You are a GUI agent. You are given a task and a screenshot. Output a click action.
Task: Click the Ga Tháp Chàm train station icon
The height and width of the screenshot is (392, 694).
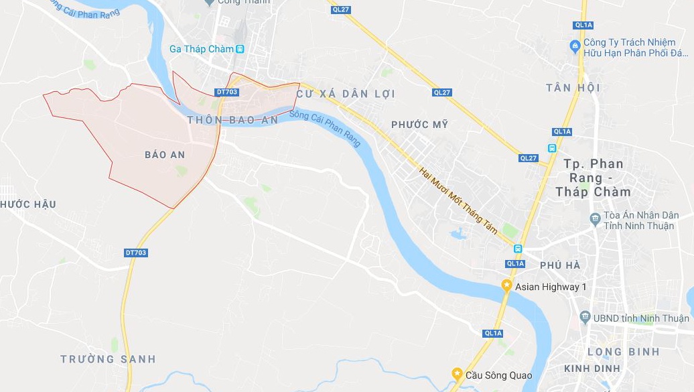[x=240, y=49]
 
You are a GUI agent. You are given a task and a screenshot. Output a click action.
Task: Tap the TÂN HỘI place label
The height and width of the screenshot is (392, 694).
[x=573, y=88]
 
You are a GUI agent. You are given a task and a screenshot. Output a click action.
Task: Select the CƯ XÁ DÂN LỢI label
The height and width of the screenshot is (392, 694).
[x=346, y=94]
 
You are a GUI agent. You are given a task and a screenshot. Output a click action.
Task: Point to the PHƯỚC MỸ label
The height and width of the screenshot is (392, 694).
[x=419, y=125]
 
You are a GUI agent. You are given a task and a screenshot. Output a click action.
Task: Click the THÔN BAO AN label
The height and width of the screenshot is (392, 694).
[x=232, y=120]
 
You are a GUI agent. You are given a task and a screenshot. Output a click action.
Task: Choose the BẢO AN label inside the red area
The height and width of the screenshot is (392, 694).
[x=165, y=155]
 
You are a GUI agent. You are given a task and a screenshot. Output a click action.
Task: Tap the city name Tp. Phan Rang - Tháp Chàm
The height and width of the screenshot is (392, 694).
[x=593, y=178]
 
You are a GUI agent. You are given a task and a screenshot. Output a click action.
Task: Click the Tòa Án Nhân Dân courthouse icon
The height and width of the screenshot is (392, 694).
[x=594, y=219]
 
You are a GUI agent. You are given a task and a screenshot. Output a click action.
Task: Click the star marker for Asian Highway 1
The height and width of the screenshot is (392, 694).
[x=506, y=286]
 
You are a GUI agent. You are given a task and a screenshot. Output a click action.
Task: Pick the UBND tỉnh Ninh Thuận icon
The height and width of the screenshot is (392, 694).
[x=586, y=318]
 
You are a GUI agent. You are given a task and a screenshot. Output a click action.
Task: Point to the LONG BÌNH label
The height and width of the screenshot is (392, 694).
[x=623, y=352]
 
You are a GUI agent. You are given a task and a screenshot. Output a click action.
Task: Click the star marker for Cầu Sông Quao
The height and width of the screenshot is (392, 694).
[x=458, y=374]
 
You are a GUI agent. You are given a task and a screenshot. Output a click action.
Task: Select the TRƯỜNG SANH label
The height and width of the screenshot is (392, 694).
[x=108, y=359]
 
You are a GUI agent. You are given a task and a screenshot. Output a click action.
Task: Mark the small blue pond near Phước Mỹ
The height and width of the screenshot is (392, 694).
[x=459, y=234]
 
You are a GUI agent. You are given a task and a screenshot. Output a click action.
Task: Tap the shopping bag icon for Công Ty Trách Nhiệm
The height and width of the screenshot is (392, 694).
[x=574, y=46]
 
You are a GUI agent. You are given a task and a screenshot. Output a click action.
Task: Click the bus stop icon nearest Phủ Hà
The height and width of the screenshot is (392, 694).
[x=518, y=249]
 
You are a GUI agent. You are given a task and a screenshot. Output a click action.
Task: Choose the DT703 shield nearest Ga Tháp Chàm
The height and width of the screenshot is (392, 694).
[x=227, y=91]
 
